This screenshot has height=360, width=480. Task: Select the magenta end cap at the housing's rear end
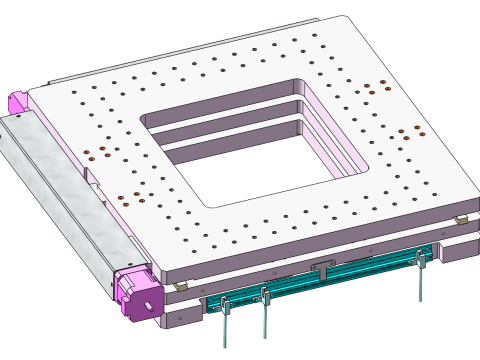[17, 102]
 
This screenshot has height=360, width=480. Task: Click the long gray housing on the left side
[60, 200]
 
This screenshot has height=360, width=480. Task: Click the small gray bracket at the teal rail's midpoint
[322, 267]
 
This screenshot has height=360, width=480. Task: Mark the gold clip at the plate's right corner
[460, 219]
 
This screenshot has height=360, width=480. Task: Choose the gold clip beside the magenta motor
[180, 287]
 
